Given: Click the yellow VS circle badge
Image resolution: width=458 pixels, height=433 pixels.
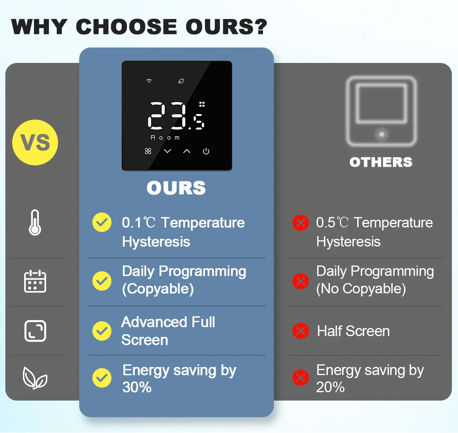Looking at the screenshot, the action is click(x=35, y=143).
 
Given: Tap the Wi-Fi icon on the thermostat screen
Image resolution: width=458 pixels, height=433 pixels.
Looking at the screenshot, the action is click(x=149, y=81).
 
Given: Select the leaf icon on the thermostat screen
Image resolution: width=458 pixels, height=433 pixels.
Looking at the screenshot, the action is click(x=181, y=81).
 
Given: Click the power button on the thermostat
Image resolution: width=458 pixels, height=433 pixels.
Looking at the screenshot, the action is click(x=206, y=151).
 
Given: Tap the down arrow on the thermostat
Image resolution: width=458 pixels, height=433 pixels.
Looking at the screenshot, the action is click(x=168, y=151).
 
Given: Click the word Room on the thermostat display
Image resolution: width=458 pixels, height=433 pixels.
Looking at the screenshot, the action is click(x=165, y=138).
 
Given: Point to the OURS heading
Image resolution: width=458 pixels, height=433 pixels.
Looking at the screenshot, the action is click(x=176, y=188).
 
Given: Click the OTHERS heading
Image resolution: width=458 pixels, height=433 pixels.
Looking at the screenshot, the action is click(x=381, y=162).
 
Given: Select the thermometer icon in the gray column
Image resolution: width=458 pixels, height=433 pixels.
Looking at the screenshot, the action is click(x=35, y=222).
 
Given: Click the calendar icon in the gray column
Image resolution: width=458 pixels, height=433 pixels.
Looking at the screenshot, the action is click(x=35, y=281).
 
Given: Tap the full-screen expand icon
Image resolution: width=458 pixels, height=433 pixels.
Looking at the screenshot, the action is click(x=35, y=331).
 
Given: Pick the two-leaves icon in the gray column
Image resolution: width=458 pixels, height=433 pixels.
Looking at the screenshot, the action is click(x=35, y=378).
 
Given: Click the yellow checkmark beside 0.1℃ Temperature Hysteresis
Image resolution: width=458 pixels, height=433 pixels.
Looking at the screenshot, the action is click(x=102, y=222).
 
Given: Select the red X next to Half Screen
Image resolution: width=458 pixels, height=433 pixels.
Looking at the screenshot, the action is click(x=300, y=331).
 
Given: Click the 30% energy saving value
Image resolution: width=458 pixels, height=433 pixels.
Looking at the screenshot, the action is click(x=137, y=387).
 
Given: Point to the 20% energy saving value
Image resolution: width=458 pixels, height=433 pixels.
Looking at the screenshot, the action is click(x=331, y=387).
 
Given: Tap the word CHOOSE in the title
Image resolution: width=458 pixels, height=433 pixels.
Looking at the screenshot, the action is click(x=127, y=27).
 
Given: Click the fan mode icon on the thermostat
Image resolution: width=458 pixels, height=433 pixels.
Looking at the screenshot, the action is click(x=148, y=151).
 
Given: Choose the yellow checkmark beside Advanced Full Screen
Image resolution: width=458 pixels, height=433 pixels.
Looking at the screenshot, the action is click(x=102, y=331).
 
